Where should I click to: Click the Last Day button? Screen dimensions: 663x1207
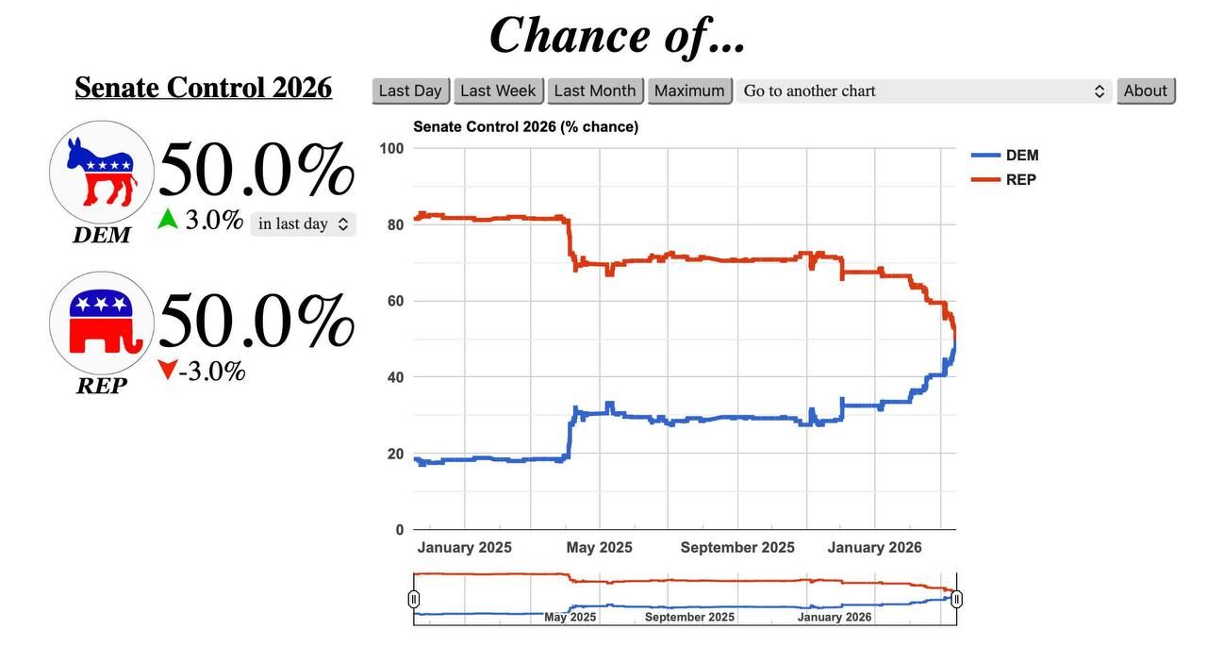pyautogui.click(x=410, y=91)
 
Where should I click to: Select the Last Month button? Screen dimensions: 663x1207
pyautogui.click(x=595, y=91)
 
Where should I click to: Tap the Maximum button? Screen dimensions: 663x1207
pyautogui.click(x=689, y=91)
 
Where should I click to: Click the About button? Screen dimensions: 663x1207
pyautogui.click(x=1146, y=91)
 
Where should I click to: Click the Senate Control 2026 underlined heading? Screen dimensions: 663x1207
pyautogui.click(x=203, y=88)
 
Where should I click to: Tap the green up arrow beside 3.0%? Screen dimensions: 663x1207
pyautogui.click(x=168, y=220)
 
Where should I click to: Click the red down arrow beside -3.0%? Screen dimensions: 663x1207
pyautogui.click(x=167, y=371)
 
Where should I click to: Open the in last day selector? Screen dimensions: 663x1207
pyautogui.click(x=303, y=224)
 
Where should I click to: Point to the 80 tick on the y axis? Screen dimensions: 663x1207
pyautogui.click(x=393, y=224)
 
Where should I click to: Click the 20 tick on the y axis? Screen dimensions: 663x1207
pyautogui.click(x=393, y=454)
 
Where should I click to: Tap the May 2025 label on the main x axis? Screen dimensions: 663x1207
pyautogui.click(x=599, y=548)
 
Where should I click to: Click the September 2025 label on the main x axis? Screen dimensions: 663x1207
pyautogui.click(x=737, y=548)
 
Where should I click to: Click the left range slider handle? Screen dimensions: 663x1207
pyautogui.click(x=414, y=599)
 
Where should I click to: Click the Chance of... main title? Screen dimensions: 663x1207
pyautogui.click(x=618, y=36)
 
